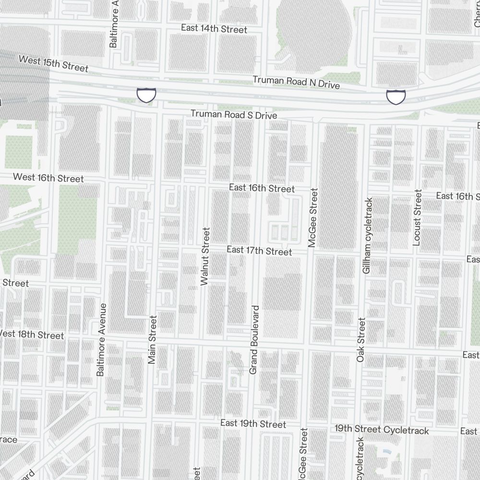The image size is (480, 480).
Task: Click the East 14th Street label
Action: [x=214, y=29]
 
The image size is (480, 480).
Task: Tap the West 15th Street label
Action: [x=53, y=64]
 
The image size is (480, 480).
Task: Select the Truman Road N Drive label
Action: [x=296, y=82]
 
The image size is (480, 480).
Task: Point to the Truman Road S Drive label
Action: [x=234, y=115]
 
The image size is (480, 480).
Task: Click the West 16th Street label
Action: [x=48, y=178]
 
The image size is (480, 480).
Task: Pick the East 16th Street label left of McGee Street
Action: [x=262, y=188]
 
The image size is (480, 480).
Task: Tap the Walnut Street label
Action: [x=205, y=257]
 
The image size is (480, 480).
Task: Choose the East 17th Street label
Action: [x=259, y=251]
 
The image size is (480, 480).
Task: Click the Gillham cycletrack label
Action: [x=368, y=236]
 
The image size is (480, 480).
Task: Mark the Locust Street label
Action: [x=417, y=217]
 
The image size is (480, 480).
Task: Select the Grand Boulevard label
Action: [x=254, y=339]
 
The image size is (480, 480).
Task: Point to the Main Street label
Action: [x=153, y=339]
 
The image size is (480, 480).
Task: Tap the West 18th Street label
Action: [x=31, y=334]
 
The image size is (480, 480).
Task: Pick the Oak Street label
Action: [x=361, y=339]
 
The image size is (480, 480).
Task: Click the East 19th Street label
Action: [x=253, y=423]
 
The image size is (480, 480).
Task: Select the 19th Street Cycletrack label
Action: [x=382, y=429]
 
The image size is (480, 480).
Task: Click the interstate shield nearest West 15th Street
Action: [x=146, y=95]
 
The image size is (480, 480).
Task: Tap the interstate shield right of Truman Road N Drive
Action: [x=396, y=96]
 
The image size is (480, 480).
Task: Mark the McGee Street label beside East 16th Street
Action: [x=313, y=217]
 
